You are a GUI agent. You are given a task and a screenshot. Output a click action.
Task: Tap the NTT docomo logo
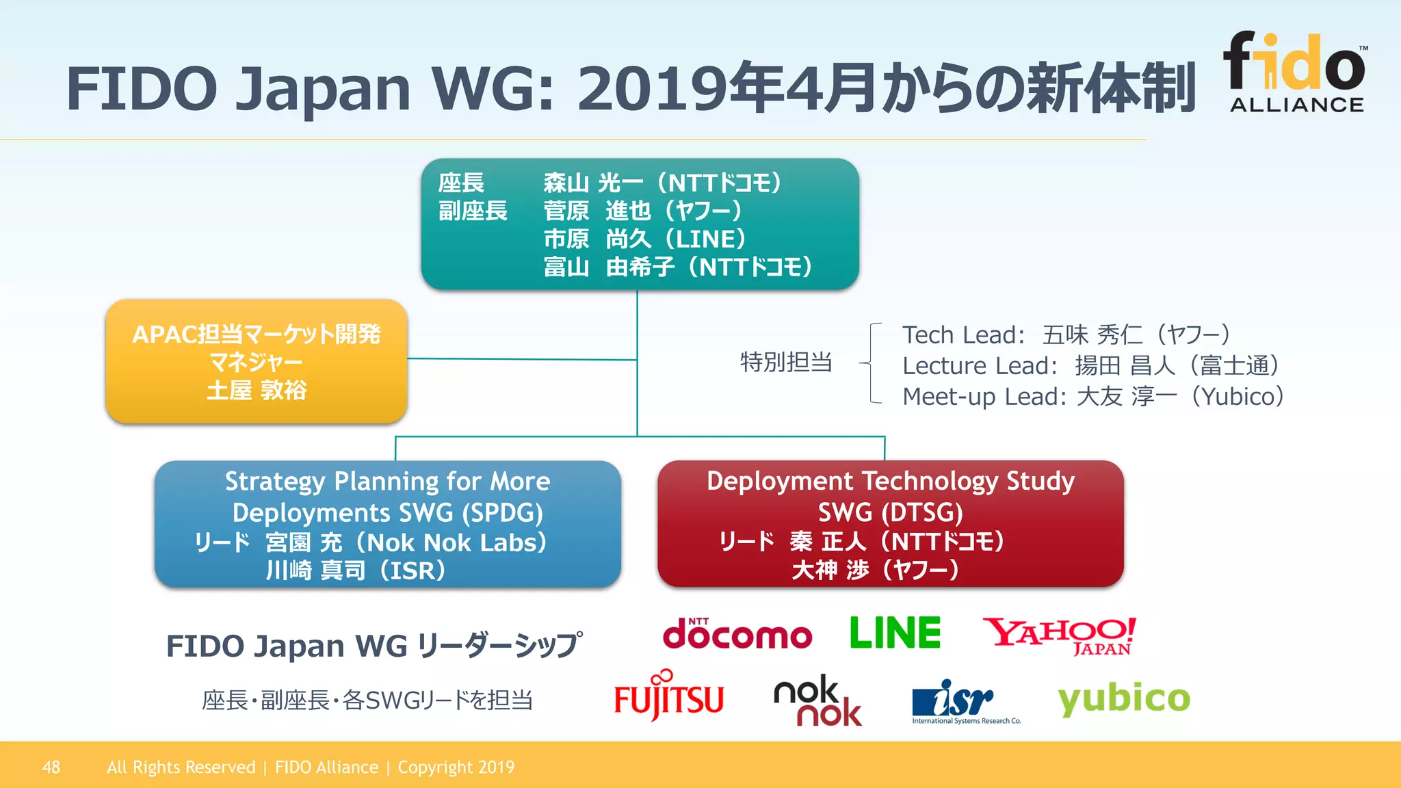[x=737, y=634]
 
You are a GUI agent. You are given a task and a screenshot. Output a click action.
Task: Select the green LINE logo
[x=895, y=633]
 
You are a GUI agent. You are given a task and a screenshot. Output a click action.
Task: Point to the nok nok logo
[x=817, y=701]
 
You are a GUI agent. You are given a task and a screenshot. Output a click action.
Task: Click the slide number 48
[x=51, y=767]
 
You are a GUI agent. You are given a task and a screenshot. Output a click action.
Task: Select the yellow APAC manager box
[x=257, y=361]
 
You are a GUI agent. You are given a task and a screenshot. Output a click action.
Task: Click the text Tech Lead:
[x=963, y=335]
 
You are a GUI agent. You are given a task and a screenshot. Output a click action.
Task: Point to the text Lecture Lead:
[x=980, y=366]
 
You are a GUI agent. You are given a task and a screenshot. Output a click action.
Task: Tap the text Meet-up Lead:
[x=984, y=397]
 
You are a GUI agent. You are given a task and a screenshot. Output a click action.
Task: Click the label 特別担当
[x=786, y=362]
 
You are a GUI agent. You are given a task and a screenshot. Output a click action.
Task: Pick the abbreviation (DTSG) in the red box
[x=924, y=512]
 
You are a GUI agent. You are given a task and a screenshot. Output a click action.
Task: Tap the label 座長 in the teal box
[x=461, y=183]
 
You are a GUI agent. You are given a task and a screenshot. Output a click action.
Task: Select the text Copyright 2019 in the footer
[x=456, y=767]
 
